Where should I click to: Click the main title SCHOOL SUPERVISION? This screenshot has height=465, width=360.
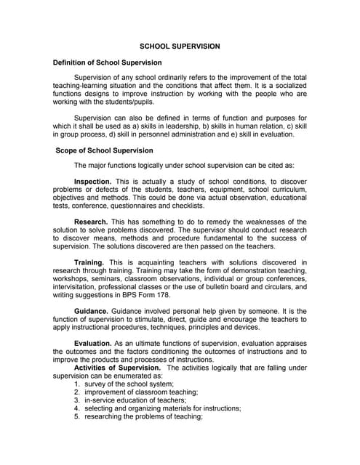[180, 46]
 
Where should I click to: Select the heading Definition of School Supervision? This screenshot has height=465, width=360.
[108, 63]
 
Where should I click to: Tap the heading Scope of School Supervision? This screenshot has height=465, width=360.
[105, 150]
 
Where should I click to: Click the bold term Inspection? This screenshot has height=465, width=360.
[92, 180]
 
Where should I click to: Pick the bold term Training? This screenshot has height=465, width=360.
[89, 262]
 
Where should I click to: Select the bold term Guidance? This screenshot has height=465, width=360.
[92, 310]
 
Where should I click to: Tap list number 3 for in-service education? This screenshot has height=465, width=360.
[77, 400]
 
